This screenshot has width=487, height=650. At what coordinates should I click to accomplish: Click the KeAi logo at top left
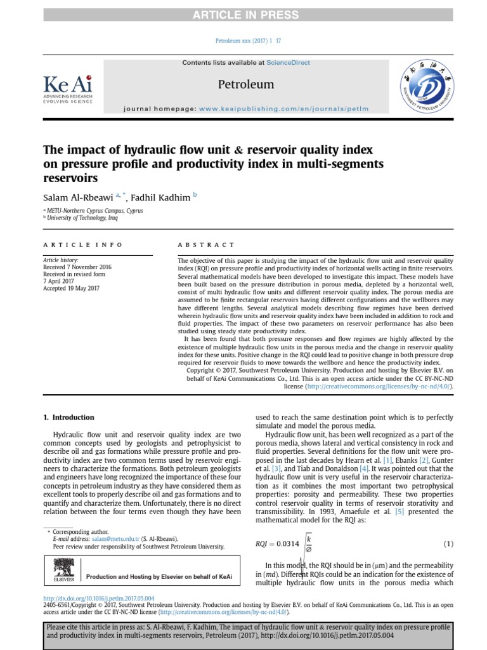pos(67,88)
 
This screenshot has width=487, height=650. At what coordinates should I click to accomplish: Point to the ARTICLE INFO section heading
pos(82,244)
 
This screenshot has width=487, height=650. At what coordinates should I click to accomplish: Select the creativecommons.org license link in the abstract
pos(379,385)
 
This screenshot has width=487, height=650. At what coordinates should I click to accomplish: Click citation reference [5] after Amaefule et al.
pos(399,512)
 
